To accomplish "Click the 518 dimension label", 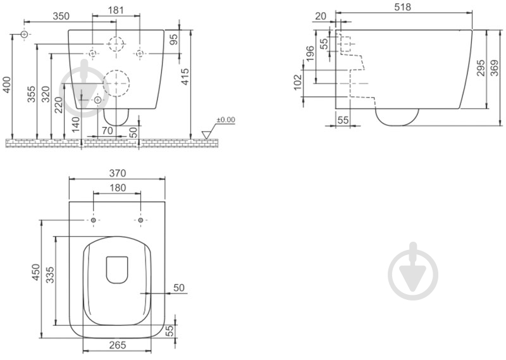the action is tap(402, 7).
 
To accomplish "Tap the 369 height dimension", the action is tap(494, 68).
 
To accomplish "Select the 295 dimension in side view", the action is tap(481, 68).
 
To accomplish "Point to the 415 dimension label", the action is tap(185, 77).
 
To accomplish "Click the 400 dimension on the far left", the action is tap(6, 85).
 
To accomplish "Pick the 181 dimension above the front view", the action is tap(116, 10).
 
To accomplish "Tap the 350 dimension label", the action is tap(61, 16).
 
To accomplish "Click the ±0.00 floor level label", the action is tap(226, 120).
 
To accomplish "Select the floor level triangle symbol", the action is tap(206, 135).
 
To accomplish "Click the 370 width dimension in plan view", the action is tap(117, 173).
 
